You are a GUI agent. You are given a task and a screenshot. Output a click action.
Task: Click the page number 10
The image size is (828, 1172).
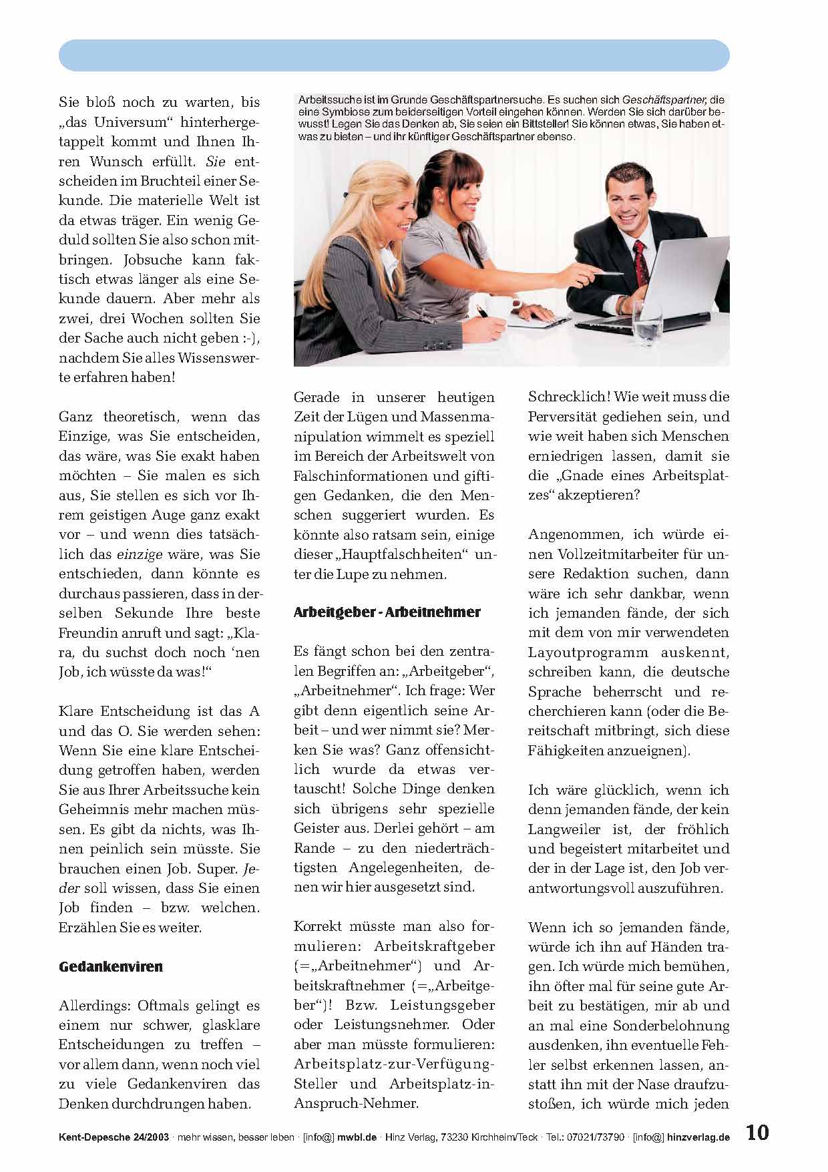point(757,1133)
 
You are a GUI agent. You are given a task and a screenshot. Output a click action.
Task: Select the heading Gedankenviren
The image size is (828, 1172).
point(111,966)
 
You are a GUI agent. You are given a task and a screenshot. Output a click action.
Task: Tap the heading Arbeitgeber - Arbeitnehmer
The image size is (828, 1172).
point(387,612)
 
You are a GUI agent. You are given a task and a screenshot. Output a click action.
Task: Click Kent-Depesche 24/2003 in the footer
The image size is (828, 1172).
point(114,1137)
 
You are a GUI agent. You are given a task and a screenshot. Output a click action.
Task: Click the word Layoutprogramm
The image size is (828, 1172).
point(588,652)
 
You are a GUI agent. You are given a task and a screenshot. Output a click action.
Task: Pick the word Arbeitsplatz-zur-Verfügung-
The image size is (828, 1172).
point(395,1063)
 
